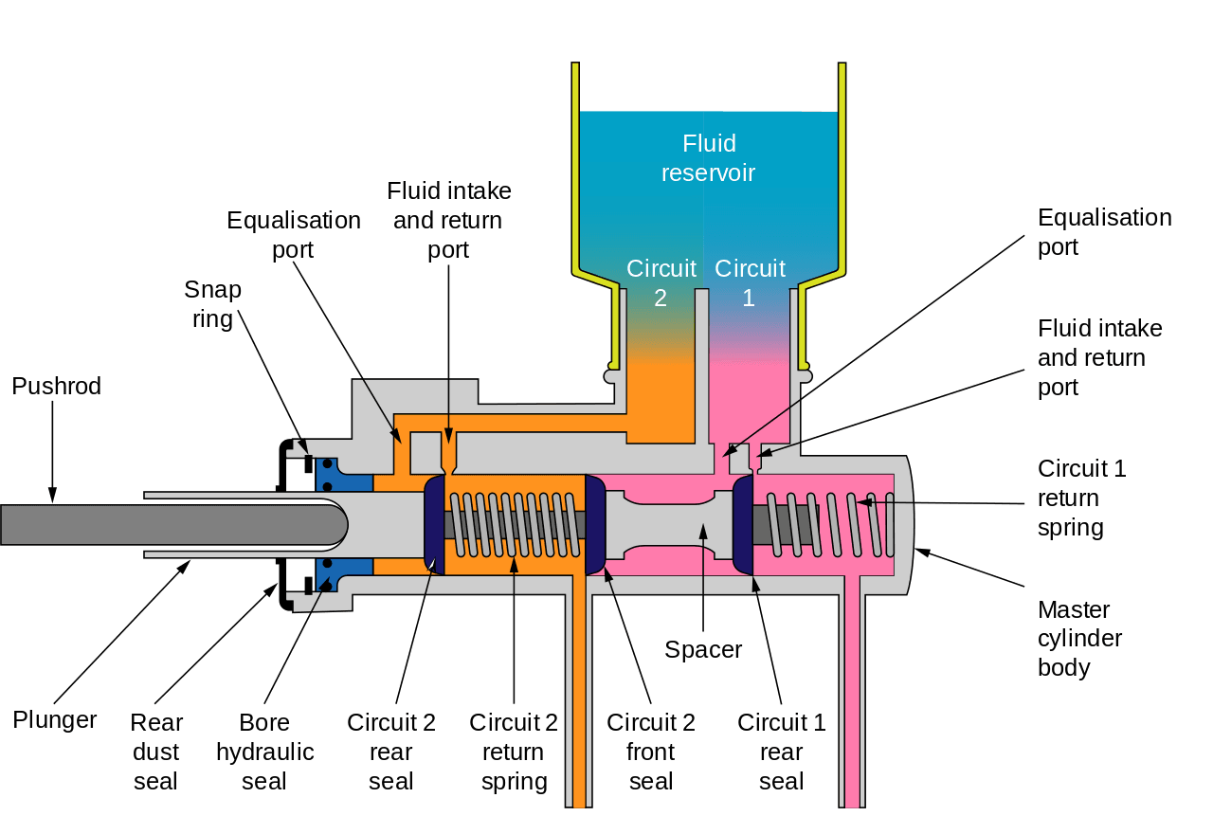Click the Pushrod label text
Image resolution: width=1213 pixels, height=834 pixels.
click(x=56, y=386)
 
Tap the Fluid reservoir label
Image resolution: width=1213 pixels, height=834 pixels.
click(x=709, y=158)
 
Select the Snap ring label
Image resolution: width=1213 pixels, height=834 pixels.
click(x=212, y=304)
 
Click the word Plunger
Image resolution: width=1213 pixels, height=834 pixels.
click(x=55, y=719)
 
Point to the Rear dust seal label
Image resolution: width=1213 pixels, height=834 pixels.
click(x=156, y=752)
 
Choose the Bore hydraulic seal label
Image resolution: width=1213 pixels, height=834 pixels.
click(x=264, y=752)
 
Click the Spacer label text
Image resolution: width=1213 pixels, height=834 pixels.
click(x=703, y=649)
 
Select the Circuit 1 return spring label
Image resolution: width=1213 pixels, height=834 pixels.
click(x=1081, y=498)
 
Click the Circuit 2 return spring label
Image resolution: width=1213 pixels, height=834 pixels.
click(x=514, y=752)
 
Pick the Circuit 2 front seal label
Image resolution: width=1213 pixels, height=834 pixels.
click(x=651, y=752)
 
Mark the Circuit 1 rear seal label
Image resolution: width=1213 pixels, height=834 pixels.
click(x=781, y=752)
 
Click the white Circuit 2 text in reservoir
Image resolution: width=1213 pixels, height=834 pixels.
click(x=661, y=282)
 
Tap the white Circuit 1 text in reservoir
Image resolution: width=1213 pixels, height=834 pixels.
click(x=750, y=282)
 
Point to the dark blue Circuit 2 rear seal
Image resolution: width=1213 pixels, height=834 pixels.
click(x=432, y=524)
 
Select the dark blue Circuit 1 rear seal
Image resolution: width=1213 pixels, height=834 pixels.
click(x=743, y=524)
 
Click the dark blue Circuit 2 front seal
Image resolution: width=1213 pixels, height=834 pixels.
click(x=596, y=524)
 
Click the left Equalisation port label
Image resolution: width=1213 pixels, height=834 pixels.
click(x=294, y=234)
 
